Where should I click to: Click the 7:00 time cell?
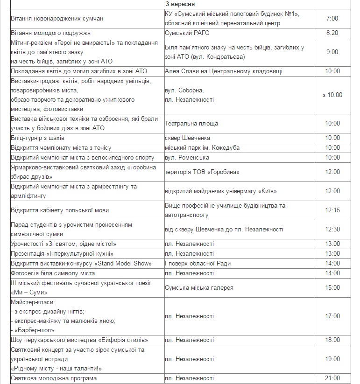point(332,19)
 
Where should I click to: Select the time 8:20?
point(332,33)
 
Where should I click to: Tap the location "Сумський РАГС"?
point(186,33)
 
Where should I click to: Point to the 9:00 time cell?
point(332,52)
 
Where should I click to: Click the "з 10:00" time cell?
point(332,95)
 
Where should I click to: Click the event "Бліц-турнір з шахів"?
point(38,138)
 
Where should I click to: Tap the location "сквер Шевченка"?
point(187,138)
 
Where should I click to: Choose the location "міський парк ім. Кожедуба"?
point(202,148)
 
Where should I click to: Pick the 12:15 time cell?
point(332,210)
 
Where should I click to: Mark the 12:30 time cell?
point(332,230)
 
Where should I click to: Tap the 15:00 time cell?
point(332,287)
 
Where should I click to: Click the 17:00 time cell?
point(332,316)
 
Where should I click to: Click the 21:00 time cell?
point(332,378)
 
